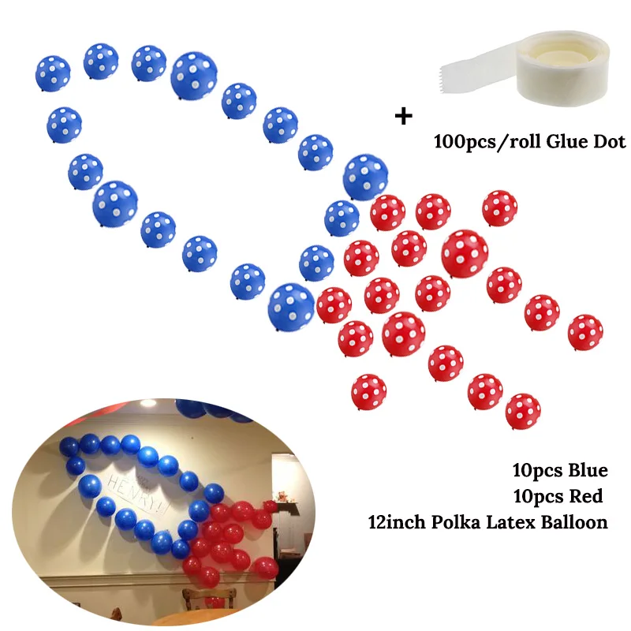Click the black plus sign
(404, 117)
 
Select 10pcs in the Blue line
(536, 472)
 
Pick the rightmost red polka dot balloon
(585, 332)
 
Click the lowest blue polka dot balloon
(291, 307)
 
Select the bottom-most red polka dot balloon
(522, 409)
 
